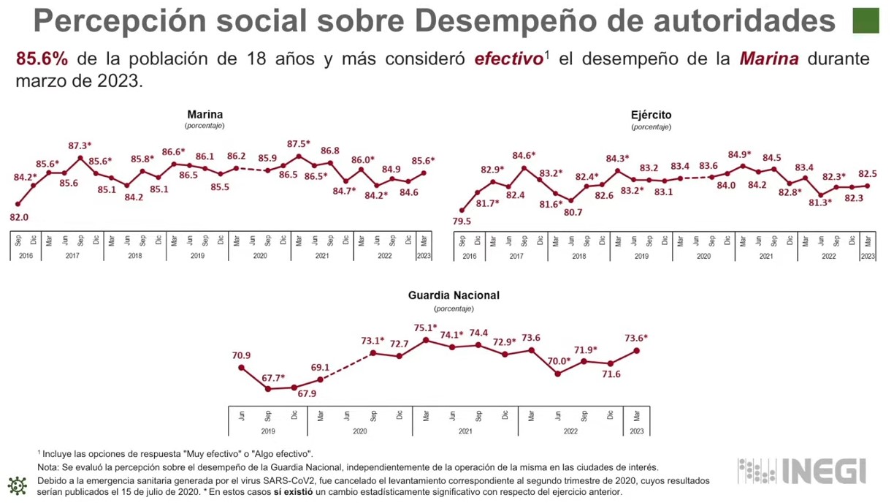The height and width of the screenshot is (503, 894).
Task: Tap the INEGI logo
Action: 802,472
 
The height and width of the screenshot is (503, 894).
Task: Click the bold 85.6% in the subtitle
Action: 42,58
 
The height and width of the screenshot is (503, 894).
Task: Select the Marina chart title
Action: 205,115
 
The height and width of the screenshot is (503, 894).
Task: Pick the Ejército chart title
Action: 651,115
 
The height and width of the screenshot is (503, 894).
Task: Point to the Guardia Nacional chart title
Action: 454,295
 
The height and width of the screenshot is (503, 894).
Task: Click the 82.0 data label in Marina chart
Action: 19,217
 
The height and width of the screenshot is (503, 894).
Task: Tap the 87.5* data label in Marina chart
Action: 299,144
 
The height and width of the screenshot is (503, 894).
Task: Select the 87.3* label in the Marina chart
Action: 80,145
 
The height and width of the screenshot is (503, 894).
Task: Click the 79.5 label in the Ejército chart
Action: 462,222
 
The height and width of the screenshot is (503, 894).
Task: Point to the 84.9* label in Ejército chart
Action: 740,154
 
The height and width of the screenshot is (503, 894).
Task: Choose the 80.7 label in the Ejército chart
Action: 573,213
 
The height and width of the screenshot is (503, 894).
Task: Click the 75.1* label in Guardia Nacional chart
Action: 425,328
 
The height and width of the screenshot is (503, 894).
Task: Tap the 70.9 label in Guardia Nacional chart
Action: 241,356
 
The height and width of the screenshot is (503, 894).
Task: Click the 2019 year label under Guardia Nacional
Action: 268,431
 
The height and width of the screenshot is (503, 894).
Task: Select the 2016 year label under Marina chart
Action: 26,256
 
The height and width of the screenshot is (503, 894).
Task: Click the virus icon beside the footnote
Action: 17,485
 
